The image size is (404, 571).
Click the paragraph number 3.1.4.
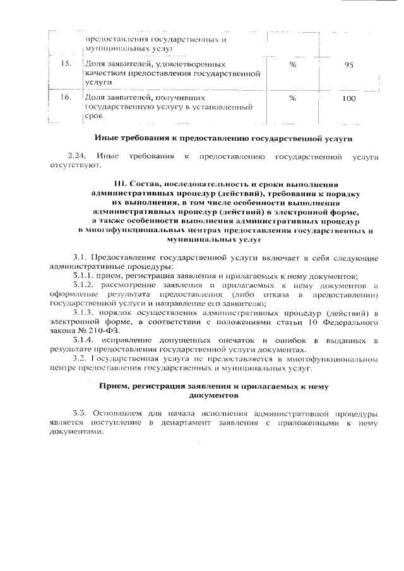point(83,341)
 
